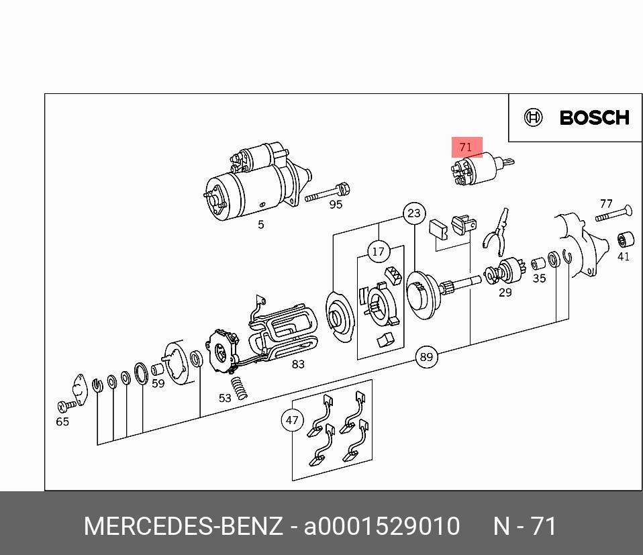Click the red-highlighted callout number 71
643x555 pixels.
[466, 147]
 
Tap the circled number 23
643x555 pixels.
[414, 213]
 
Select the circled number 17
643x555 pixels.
[379, 252]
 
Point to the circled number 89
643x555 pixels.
[426, 356]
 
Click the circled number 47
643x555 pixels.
[292, 420]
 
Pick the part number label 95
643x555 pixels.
[336, 204]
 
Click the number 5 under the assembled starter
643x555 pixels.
[261, 224]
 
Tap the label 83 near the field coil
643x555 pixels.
[298, 364]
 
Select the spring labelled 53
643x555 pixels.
[239, 388]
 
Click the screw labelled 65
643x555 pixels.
[67, 406]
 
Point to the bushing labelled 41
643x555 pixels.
[626, 240]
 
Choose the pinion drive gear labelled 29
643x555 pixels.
[503, 271]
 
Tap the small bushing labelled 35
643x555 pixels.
[538, 264]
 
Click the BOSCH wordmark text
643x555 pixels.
[594, 117]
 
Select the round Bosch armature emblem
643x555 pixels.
[533, 117]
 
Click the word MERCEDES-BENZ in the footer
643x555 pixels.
[183, 526]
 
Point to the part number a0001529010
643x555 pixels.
[382, 526]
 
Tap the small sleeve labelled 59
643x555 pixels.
[158, 370]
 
